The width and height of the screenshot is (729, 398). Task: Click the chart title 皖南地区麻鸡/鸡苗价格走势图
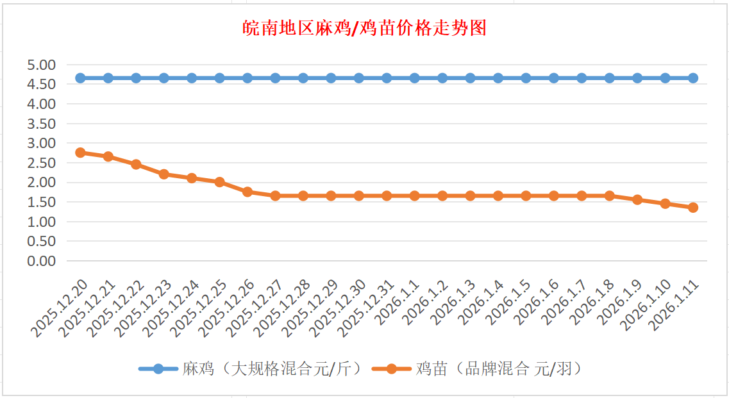click(x=365, y=28)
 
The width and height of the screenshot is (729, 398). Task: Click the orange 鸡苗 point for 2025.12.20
click(x=80, y=153)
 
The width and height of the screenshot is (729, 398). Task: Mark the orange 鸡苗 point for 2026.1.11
click(x=693, y=208)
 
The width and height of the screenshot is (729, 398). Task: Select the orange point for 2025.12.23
click(x=163, y=174)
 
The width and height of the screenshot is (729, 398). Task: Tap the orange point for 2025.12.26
click(x=247, y=192)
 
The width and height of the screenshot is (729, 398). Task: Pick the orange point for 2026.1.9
click(x=637, y=199)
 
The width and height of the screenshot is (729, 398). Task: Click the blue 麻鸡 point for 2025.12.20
click(x=80, y=78)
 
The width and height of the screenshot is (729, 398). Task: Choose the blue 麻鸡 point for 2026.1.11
click(x=693, y=78)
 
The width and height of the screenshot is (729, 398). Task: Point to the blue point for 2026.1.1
click(x=415, y=78)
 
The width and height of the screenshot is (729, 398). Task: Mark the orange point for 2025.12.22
click(x=136, y=164)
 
